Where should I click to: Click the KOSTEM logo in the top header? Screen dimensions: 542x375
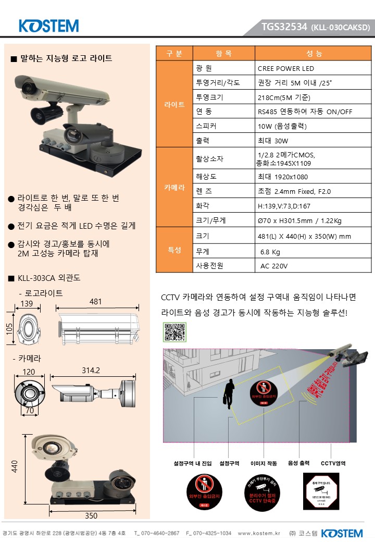tap(48, 26)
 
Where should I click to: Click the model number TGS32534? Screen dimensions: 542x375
tap(284, 27)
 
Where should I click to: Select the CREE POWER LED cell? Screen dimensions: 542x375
tap(286, 68)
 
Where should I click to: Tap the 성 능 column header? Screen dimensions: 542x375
tap(314, 54)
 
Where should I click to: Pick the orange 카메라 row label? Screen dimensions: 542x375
tap(174, 187)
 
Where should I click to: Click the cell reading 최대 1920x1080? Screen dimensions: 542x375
tap(283, 177)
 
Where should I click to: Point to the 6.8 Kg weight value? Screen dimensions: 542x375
tap(270, 252)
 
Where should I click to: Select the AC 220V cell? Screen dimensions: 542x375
tap(274, 266)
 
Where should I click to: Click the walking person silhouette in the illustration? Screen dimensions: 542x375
tap(229, 395)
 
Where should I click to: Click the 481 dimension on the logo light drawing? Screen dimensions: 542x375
tap(96, 302)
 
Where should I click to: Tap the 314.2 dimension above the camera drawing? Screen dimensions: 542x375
tap(91, 370)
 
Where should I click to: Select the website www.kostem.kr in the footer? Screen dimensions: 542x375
tap(259, 533)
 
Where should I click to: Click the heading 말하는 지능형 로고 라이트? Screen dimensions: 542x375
tap(66, 58)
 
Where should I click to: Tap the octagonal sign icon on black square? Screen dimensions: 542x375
tap(321, 491)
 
